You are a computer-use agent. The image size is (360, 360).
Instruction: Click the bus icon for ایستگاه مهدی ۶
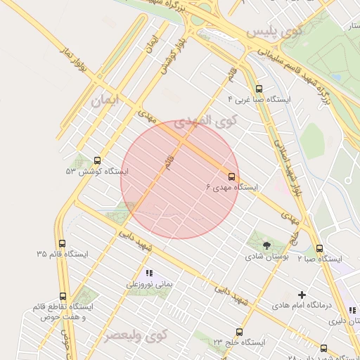point(232,176)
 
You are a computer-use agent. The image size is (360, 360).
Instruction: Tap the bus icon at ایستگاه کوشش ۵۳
point(96,160)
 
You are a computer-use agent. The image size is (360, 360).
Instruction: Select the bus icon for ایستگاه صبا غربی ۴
point(259,89)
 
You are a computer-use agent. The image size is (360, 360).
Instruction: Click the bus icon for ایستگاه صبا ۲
point(319,248)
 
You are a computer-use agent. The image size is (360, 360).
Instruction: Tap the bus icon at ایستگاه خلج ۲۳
point(239,332)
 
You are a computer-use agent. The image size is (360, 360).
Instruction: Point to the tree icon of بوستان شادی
point(266,245)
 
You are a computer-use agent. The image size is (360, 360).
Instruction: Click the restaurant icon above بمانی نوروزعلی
point(148,273)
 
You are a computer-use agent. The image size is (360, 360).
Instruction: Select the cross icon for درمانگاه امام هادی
point(302,295)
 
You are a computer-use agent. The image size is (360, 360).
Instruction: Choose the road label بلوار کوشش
point(167,56)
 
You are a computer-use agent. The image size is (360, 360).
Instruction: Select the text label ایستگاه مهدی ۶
point(232,188)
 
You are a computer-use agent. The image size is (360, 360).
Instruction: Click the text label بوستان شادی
point(266,257)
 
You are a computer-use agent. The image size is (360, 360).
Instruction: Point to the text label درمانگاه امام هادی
point(302,306)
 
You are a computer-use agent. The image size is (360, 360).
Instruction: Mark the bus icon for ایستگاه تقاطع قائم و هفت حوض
point(63,297)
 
